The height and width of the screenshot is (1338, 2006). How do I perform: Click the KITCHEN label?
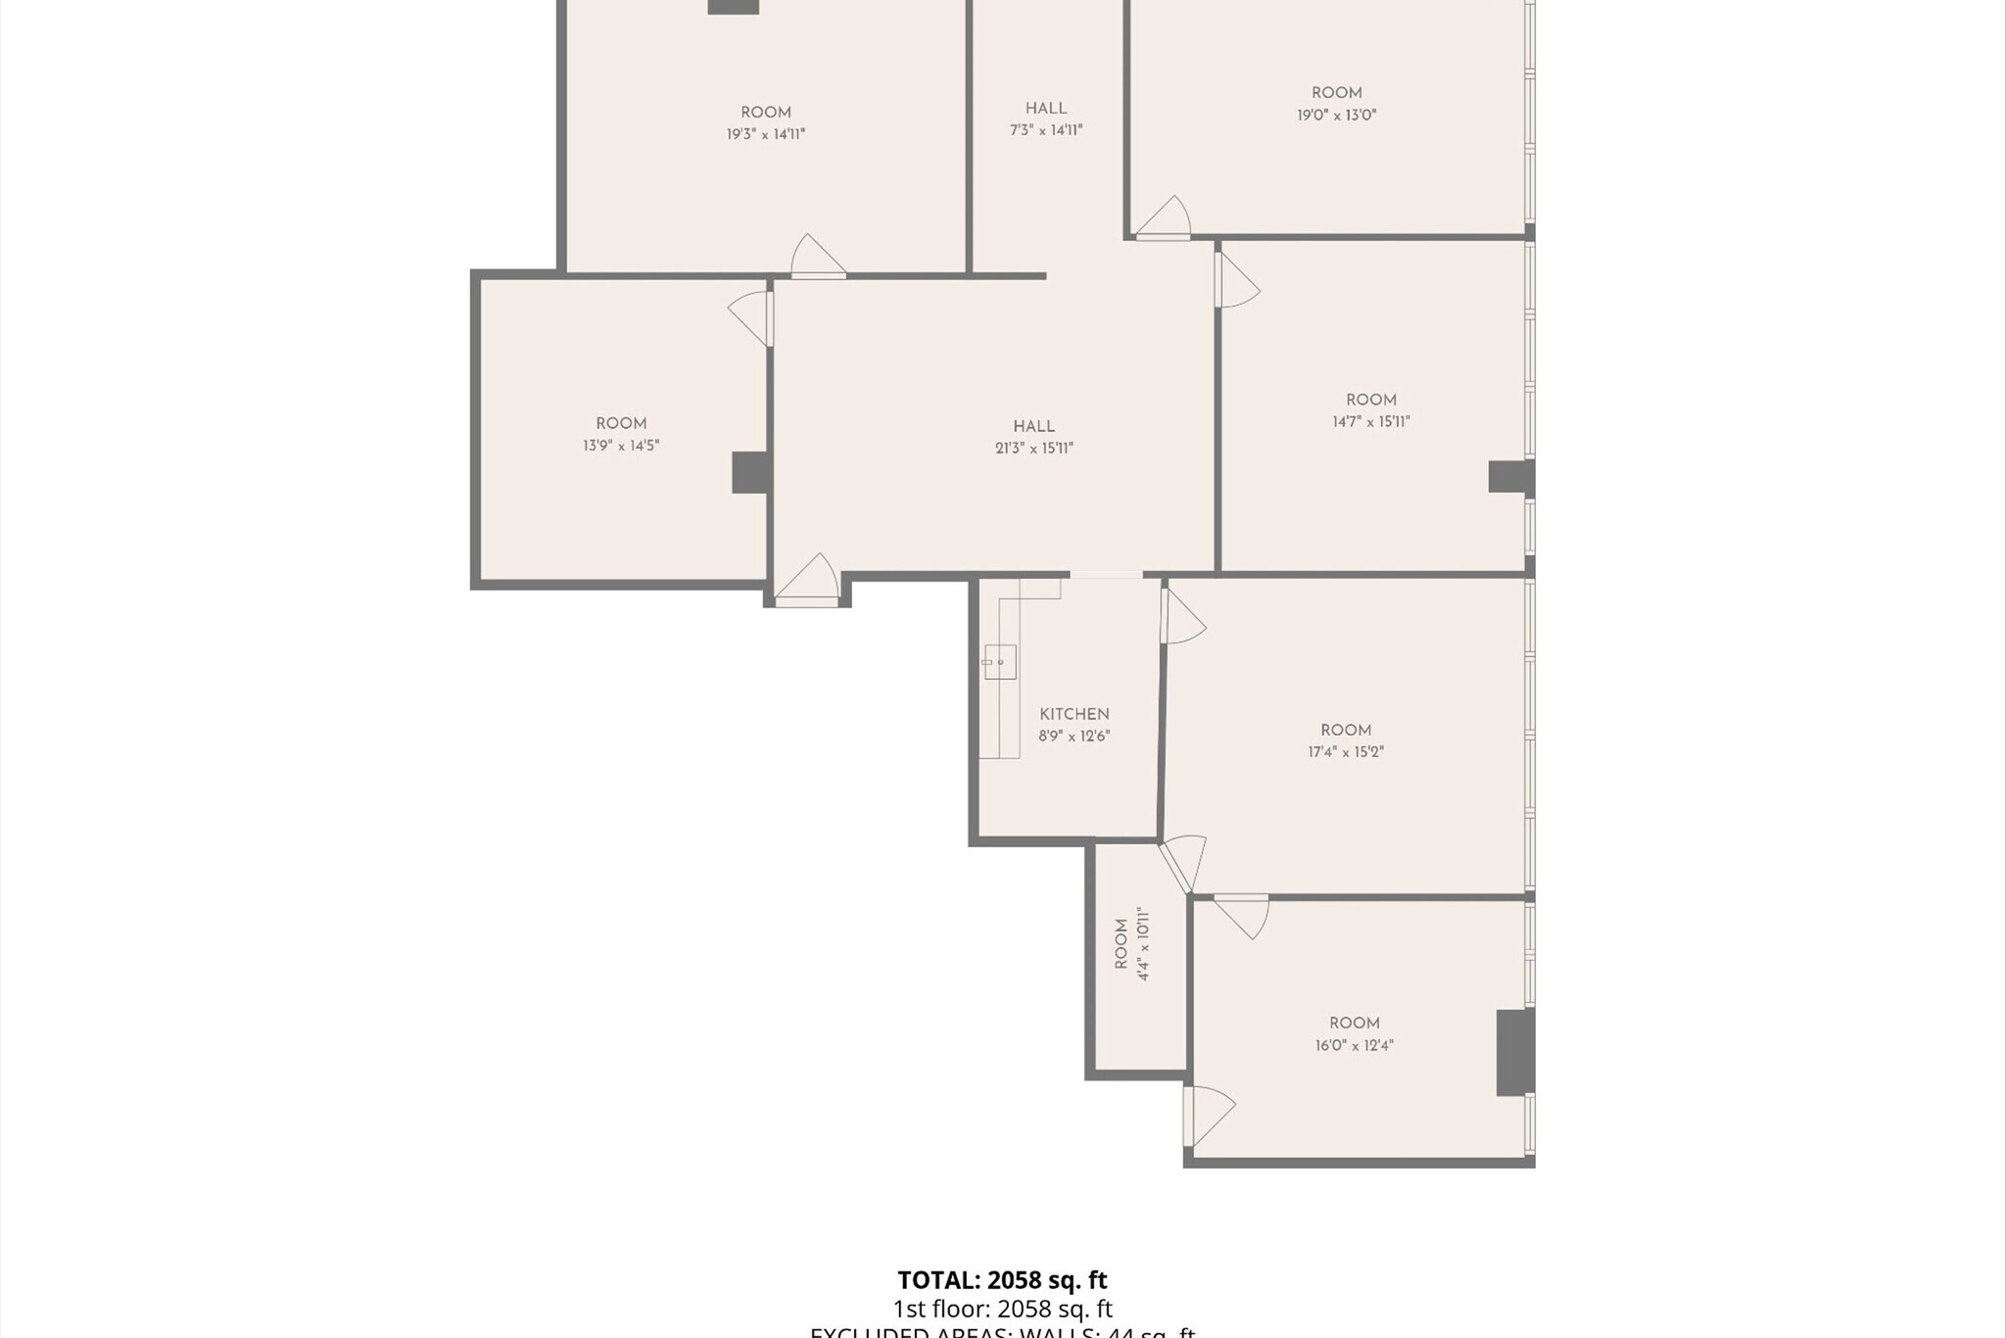1075,714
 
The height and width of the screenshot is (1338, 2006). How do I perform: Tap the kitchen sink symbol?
1000,662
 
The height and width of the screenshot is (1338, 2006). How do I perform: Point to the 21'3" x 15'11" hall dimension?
1034,449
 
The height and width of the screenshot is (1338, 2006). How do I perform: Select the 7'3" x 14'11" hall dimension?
1046,130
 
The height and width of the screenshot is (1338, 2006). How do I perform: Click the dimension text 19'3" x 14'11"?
766,134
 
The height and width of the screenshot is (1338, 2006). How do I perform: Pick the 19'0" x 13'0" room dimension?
1337,115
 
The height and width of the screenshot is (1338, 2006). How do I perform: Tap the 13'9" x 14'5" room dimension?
621,446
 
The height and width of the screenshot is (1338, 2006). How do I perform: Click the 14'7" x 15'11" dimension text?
1371,422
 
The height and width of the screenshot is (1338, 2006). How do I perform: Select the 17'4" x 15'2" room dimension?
1346,752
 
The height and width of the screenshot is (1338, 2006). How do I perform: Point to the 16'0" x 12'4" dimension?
1355,1045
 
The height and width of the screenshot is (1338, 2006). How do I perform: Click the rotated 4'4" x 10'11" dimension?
1143,944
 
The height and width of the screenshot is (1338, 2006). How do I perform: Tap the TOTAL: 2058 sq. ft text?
1002,1280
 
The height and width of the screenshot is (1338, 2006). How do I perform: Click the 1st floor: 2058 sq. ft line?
1002,1309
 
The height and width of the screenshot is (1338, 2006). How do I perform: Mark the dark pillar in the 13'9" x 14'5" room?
750,472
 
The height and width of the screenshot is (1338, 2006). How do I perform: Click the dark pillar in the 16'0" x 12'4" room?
1514,1052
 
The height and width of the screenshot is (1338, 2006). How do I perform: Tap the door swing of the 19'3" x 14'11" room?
816,257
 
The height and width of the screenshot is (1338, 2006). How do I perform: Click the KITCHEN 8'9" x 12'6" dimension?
1075,737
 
